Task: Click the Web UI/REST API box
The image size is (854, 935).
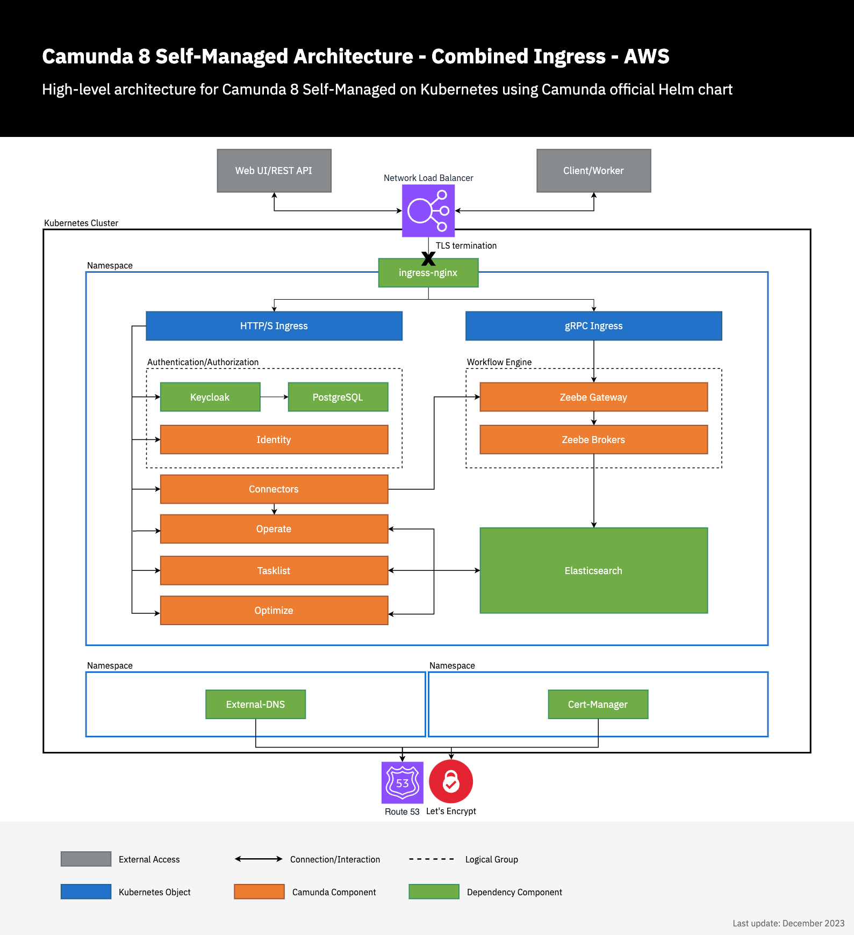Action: pyautogui.click(x=274, y=171)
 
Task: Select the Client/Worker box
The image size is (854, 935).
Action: pyautogui.click(x=593, y=171)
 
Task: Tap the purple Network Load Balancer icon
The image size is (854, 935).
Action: pyautogui.click(x=428, y=211)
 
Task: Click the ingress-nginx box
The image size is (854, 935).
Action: pyautogui.click(x=428, y=273)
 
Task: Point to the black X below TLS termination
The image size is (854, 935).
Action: pyautogui.click(x=428, y=259)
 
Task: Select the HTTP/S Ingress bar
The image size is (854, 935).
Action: pyautogui.click(x=274, y=326)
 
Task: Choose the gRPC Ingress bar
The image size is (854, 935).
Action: pyautogui.click(x=593, y=326)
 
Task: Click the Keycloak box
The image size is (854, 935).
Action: pyautogui.click(x=210, y=397)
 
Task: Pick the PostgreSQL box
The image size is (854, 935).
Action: pyautogui.click(x=338, y=397)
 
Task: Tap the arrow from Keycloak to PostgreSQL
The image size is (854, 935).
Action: pyautogui.click(x=274, y=397)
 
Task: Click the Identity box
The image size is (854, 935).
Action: pyautogui.click(x=274, y=440)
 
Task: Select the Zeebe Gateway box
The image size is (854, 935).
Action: pyautogui.click(x=593, y=397)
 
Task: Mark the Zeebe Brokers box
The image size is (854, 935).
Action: pyautogui.click(x=593, y=440)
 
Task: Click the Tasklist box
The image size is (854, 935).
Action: pyautogui.click(x=274, y=570)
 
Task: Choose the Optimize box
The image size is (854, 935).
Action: pyautogui.click(x=274, y=611)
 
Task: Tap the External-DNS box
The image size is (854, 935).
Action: pyautogui.click(x=255, y=705)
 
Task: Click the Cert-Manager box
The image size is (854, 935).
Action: pyautogui.click(x=598, y=705)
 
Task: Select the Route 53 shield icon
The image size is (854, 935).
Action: pyautogui.click(x=402, y=782)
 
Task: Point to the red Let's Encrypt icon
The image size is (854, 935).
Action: pyautogui.click(x=451, y=782)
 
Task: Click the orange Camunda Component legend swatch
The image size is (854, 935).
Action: pyautogui.click(x=259, y=891)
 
